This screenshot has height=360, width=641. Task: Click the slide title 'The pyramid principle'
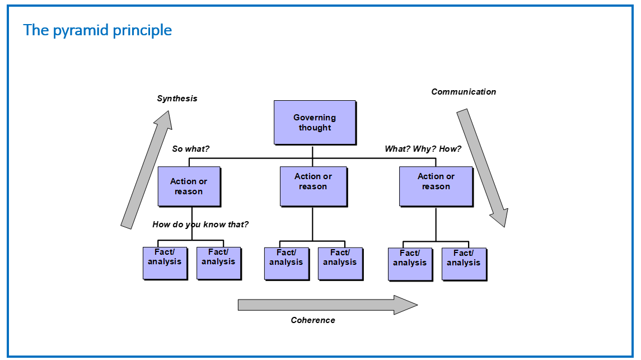click(97, 30)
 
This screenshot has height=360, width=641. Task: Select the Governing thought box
click(315, 123)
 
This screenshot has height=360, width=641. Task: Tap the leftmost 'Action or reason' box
click(189, 186)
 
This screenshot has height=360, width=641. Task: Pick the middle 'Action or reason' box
click(314, 186)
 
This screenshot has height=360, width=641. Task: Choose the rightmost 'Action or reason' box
click(436, 186)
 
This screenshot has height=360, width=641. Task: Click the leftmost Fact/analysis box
click(165, 263)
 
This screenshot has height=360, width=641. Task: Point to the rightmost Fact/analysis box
click(464, 264)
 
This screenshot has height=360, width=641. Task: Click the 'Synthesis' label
click(177, 99)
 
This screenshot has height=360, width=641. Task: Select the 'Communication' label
click(464, 91)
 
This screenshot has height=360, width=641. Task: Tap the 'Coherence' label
click(313, 320)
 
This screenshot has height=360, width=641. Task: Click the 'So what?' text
click(190, 149)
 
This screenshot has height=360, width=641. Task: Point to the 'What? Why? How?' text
click(423, 149)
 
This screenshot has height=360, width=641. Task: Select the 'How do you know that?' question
click(200, 225)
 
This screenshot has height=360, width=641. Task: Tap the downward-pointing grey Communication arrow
click(483, 167)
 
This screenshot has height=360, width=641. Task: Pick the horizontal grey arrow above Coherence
click(328, 305)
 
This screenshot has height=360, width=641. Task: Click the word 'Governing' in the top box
click(315, 118)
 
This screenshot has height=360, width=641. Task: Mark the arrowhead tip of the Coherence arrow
click(418, 305)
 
